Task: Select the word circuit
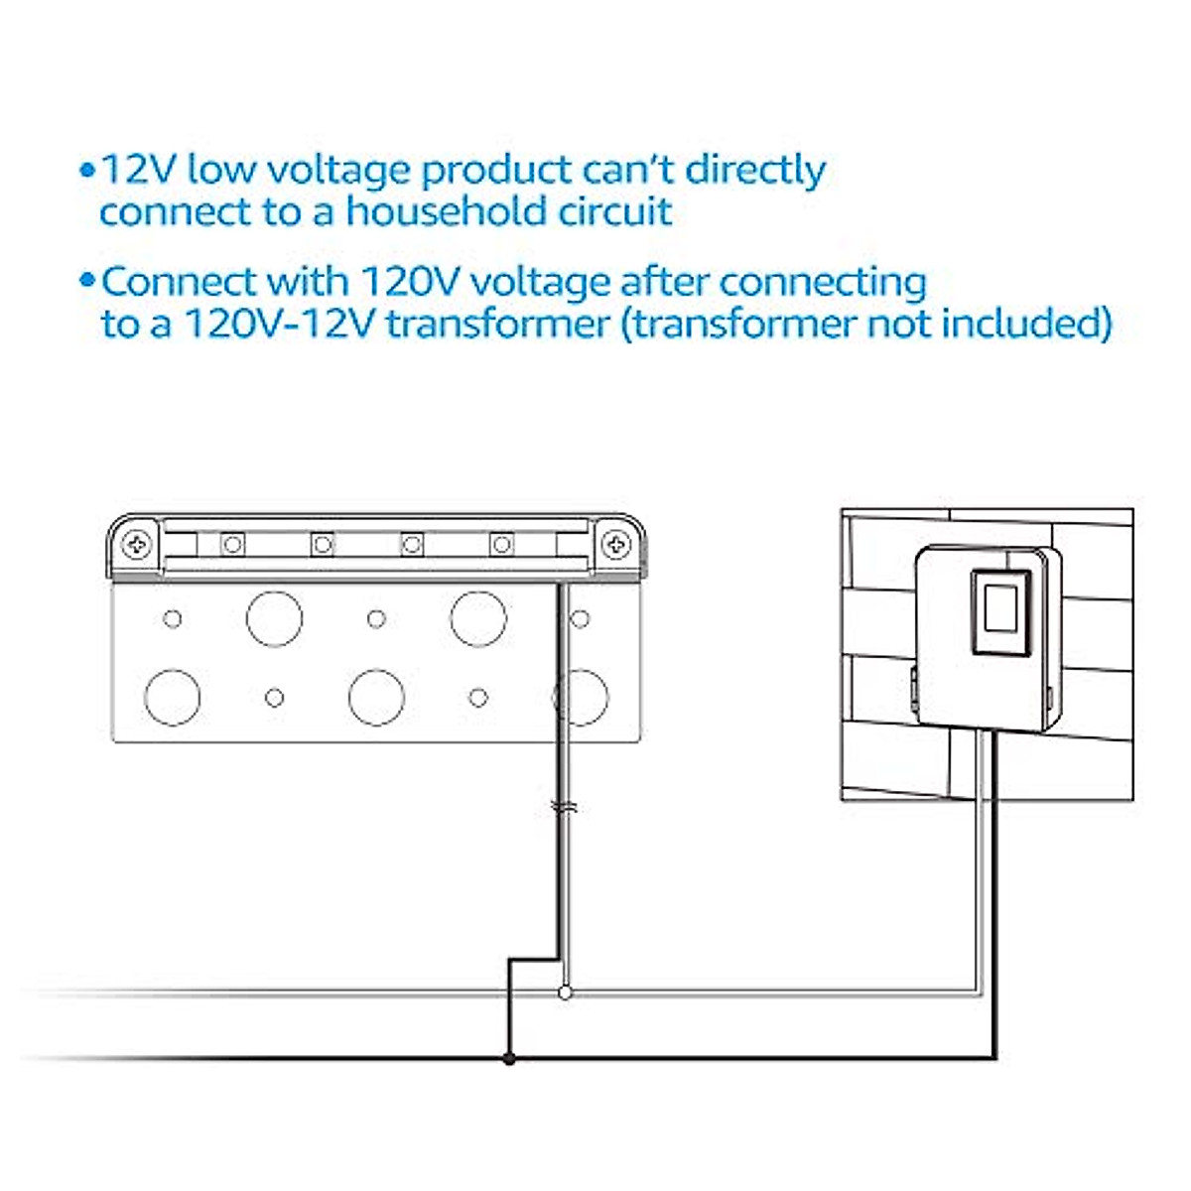(616, 212)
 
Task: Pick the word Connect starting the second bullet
(179, 282)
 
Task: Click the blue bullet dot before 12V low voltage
(87, 170)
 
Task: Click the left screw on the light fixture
(137, 544)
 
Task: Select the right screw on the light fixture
(616, 544)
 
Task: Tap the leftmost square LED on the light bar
(233, 544)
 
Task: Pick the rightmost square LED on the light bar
(502, 544)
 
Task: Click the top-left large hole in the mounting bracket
(274, 618)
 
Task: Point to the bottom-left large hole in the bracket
(172, 697)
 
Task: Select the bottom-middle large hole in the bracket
(376, 697)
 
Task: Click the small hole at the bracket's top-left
(172, 619)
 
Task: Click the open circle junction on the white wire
(565, 992)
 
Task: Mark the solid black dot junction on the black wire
(509, 1059)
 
